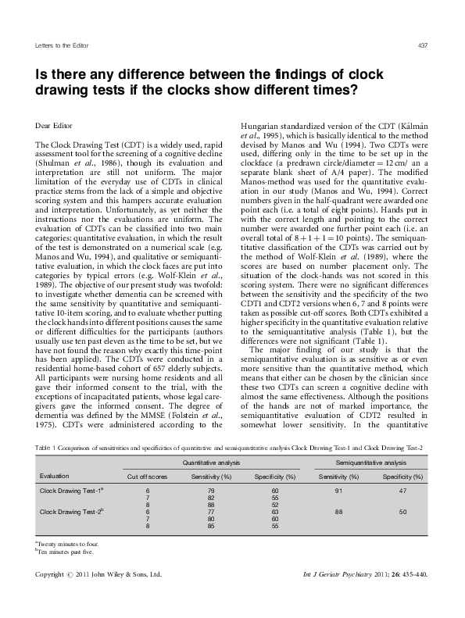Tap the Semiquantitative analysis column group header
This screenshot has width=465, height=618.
click(369, 462)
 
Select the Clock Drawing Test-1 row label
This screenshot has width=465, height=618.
click(73, 490)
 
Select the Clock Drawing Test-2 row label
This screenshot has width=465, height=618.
click(73, 512)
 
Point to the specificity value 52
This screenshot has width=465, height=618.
click(275, 505)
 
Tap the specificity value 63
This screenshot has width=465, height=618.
click(275, 512)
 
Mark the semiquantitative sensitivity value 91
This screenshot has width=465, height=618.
click(338, 490)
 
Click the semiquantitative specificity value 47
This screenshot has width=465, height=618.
click(402, 490)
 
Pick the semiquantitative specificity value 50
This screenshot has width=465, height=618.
click(402, 512)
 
